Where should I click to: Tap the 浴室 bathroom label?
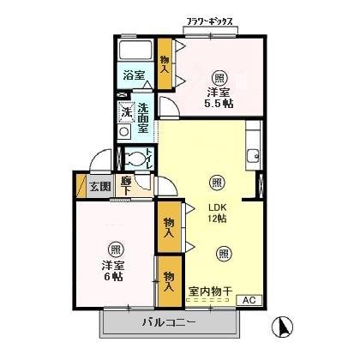tap(133, 75)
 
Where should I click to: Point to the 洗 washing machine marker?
tap(125, 111)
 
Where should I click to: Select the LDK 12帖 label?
tap(216, 213)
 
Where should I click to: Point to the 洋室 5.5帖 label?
tap(220, 97)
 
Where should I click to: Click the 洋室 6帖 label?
tap(113, 271)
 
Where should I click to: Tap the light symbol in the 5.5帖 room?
tap(221, 75)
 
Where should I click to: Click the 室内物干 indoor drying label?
tap(209, 291)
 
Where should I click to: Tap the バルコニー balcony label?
tap(168, 323)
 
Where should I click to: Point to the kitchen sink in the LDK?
tap(252, 156)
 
